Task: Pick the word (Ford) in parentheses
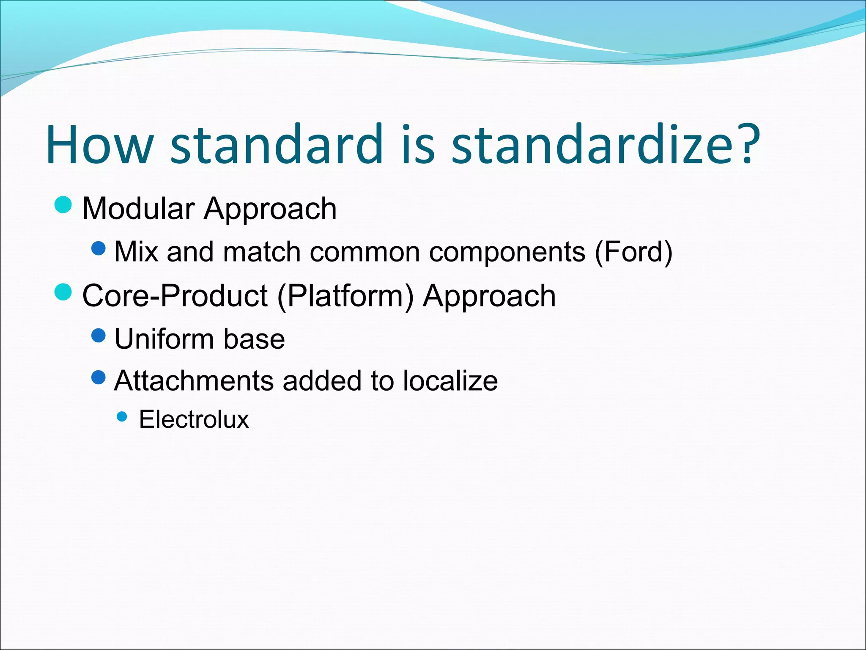coord(633,252)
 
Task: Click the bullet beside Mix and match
coord(99,248)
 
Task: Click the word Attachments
coord(194,380)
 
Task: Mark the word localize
coord(450,380)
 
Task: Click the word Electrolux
coord(194,419)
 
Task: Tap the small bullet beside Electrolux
coord(122,417)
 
